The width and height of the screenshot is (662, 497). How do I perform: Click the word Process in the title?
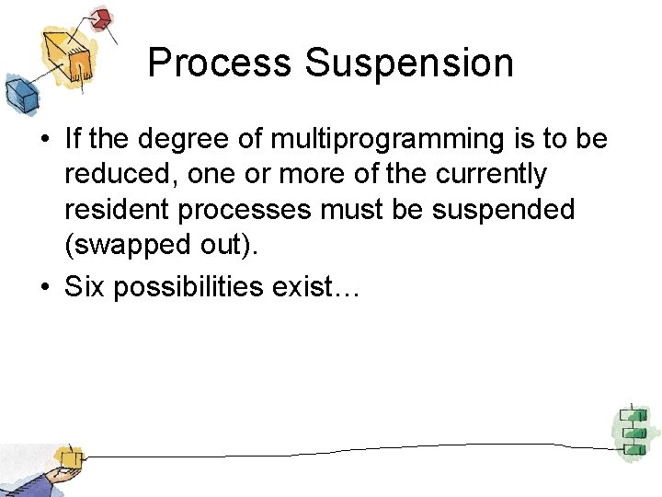point(220,64)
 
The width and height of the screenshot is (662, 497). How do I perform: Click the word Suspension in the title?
point(409,64)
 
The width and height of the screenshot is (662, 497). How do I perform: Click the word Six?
point(85,286)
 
